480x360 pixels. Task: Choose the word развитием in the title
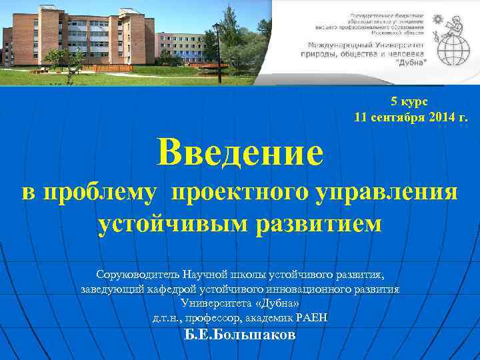click(x=320, y=223)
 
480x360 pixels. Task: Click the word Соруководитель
click(x=136, y=275)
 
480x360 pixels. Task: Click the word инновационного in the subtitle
click(x=313, y=289)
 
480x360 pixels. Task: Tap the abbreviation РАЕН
click(x=310, y=318)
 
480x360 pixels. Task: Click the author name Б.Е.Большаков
click(x=239, y=335)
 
